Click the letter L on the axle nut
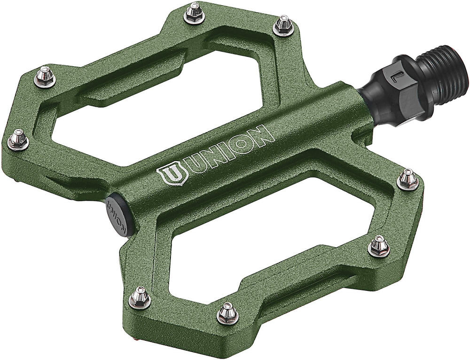tap(396, 76)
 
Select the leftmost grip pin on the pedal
tap(18, 139)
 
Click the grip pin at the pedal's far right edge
tap(407, 179)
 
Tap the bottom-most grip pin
tap(227, 313)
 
